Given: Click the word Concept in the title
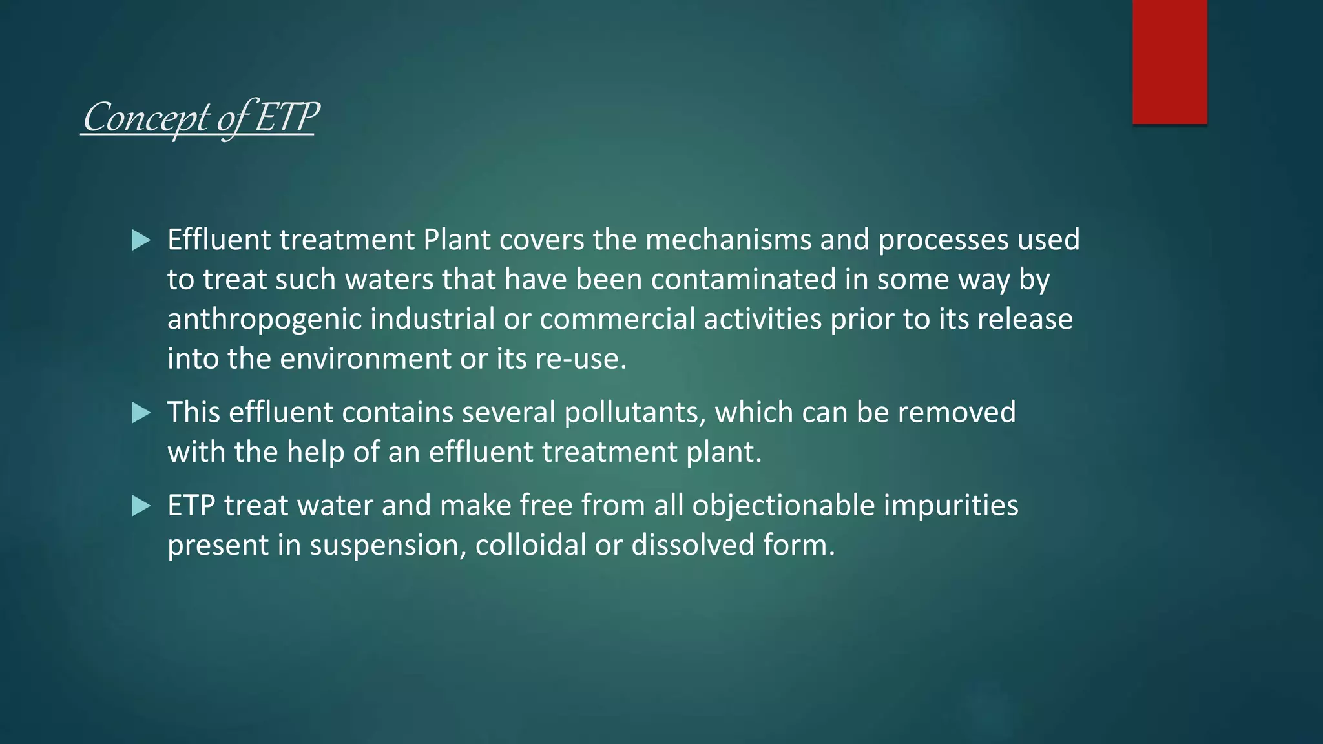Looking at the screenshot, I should [x=146, y=118].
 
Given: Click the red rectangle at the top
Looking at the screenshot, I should [x=1169, y=61].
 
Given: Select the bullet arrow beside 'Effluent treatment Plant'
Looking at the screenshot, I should [x=141, y=240].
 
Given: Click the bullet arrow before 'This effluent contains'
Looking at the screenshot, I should [x=141, y=413].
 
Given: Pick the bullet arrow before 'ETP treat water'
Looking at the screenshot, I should [x=141, y=506].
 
